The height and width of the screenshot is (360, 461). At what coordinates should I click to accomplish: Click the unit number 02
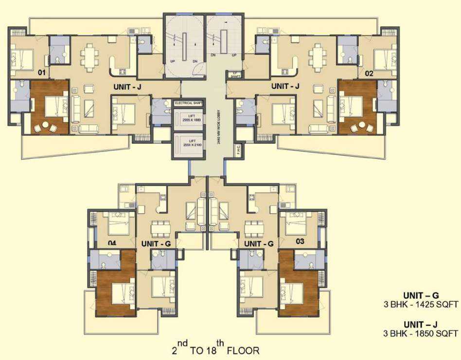(x=369, y=73)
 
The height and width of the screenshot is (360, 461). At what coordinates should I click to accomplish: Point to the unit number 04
(x=112, y=243)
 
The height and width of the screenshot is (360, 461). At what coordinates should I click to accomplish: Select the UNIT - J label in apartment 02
(x=285, y=86)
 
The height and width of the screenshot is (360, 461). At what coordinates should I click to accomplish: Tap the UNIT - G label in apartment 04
(x=156, y=243)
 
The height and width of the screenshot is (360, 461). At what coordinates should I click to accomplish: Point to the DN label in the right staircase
(x=213, y=55)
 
